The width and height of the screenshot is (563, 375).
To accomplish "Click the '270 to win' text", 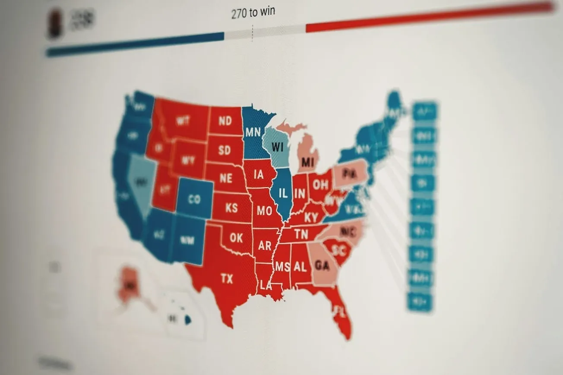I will coord(253,13).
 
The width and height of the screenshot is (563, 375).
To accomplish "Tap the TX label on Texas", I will coord(227,278).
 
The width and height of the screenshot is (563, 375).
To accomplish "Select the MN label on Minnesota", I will coord(253,132).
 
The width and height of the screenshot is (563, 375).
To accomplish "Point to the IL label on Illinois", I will coord(283,193).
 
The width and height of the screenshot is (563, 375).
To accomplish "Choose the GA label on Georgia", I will coord(323,264).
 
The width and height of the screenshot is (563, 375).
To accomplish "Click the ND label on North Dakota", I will coord(225,121).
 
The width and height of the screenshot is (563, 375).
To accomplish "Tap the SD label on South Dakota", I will coord(225,150).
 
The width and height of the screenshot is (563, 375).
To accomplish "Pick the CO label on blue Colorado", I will coord(195,199).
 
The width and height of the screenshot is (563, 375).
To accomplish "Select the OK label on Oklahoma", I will coord(236,237).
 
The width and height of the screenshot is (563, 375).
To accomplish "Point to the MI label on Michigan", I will coord(308,162).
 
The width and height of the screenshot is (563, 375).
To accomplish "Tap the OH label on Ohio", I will coord(320,185).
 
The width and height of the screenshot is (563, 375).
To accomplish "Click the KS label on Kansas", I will coord(231,208).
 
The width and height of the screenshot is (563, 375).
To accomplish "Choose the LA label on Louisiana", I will coord(266,285).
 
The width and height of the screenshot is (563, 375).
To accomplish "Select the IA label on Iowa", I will coord(259,175).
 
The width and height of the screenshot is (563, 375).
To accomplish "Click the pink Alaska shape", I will coord(128,285).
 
